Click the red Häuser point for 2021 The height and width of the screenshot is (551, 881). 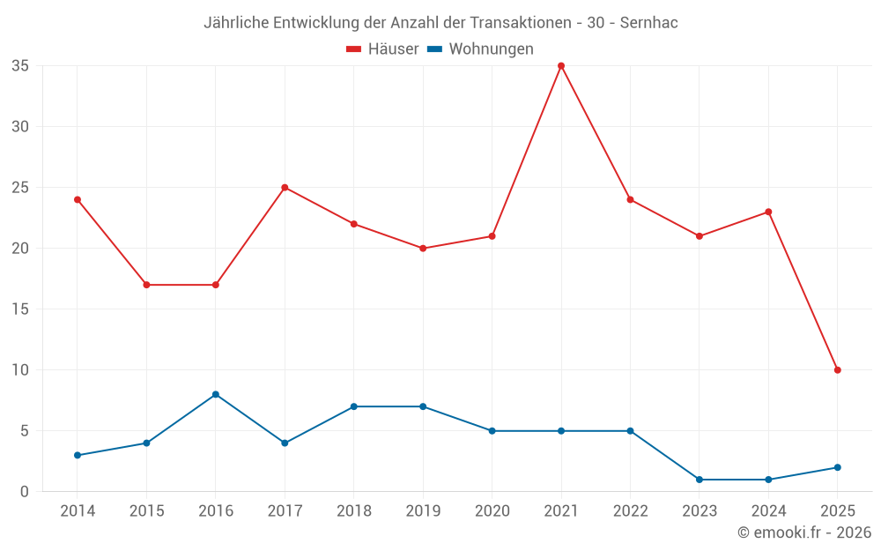(x=561, y=66)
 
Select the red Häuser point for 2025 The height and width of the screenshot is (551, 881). (x=837, y=370)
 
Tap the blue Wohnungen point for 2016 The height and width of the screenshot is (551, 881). (x=216, y=394)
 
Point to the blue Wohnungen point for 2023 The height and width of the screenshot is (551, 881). (x=699, y=480)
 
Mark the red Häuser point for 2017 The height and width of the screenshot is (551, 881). (x=285, y=188)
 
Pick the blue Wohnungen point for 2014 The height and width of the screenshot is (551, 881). (x=78, y=455)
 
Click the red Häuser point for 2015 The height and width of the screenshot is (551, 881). (x=146, y=285)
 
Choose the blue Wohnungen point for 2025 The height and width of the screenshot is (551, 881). (x=837, y=467)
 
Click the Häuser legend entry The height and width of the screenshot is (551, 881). (x=382, y=49)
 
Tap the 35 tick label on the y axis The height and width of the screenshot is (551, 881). (x=20, y=66)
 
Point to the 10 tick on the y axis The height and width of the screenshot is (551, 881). (x=20, y=370)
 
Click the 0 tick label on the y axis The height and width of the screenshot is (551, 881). (x=25, y=492)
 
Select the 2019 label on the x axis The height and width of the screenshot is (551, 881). (x=423, y=511)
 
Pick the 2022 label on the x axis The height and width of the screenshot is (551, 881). (x=630, y=511)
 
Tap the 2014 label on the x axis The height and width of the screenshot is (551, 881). (x=78, y=511)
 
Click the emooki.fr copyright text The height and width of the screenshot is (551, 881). (x=804, y=532)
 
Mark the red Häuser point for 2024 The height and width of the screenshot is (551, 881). (x=768, y=212)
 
